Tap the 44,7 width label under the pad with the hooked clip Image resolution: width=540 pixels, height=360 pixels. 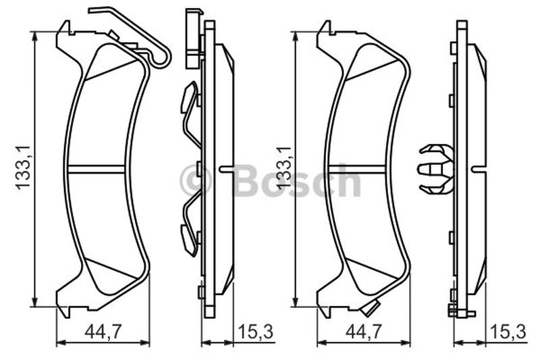[103, 332]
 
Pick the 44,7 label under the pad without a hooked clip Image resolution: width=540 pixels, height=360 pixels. [364, 332]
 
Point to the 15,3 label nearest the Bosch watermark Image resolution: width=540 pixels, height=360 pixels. [255, 332]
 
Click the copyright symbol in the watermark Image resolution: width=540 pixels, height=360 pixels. [195, 180]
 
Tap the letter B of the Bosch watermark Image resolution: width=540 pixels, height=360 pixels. [245, 180]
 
